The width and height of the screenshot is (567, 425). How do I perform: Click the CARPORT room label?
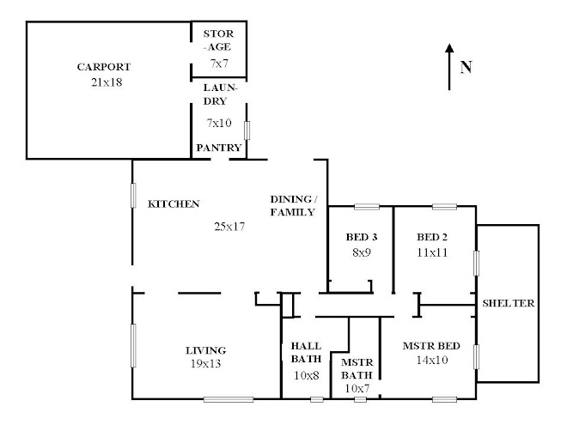tap(103, 66)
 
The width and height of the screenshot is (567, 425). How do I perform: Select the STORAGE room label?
tap(217, 41)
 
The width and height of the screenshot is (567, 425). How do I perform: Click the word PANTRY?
tap(218, 148)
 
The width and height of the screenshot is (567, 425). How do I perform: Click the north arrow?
tap(448, 67)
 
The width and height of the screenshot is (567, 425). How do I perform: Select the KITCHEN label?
tap(174, 204)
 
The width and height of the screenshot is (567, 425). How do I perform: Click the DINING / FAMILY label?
tap(293, 205)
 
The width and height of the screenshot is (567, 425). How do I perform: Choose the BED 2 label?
tap(433, 237)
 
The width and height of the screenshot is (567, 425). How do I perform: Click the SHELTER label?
tap(509, 303)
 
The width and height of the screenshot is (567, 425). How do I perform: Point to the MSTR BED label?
tap(431, 345)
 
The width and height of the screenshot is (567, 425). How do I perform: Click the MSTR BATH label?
tap(357, 369)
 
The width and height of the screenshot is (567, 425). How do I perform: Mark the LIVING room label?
tap(206, 349)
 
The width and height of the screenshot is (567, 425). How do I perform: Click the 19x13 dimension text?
tap(206, 364)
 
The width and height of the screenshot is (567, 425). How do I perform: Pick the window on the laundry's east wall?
tap(247, 131)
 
